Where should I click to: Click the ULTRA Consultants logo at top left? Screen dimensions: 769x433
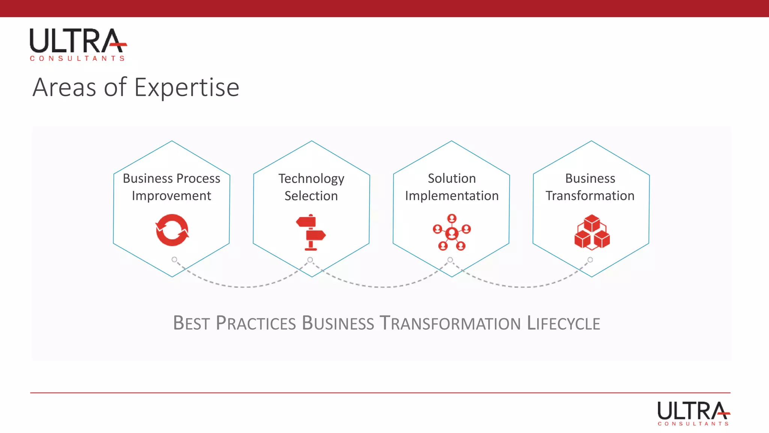(78, 44)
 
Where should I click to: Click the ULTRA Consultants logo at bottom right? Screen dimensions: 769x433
(694, 413)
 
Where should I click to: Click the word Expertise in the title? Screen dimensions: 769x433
(187, 88)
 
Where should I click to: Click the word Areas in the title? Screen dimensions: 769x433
(64, 88)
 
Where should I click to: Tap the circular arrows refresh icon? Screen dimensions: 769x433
(172, 230)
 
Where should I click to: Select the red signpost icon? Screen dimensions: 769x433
(311, 232)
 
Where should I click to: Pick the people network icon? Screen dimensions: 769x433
(452, 232)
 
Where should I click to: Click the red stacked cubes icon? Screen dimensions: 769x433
(592, 232)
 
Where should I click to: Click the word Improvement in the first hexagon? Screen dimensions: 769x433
(172, 196)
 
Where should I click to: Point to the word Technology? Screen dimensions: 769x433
(311, 179)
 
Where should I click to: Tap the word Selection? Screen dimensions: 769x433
(311, 196)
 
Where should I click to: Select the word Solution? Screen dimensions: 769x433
(452, 178)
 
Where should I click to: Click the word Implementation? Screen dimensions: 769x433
(452, 196)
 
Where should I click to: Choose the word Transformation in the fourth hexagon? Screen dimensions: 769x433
(590, 196)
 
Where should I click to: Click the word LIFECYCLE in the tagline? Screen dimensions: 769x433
(563, 323)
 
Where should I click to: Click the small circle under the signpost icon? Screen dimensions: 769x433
(310, 260)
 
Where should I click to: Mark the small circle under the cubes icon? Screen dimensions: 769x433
(590, 260)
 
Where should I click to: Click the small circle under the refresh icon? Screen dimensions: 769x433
(174, 259)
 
